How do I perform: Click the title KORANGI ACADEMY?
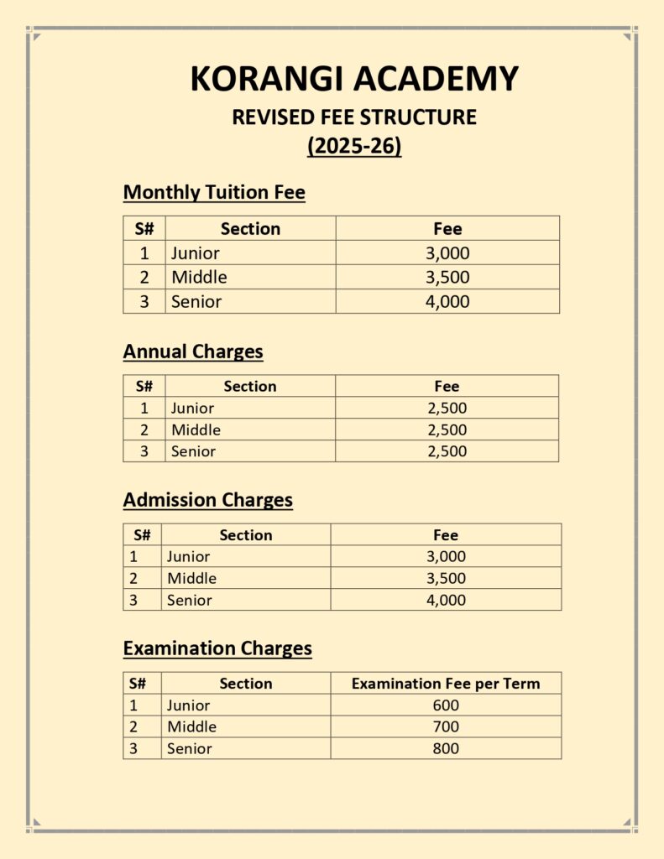(x=354, y=79)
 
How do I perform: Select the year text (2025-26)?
(x=354, y=146)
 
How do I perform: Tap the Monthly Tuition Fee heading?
(x=214, y=192)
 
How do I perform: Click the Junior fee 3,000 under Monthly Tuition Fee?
(x=447, y=253)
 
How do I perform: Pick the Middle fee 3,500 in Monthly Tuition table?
(x=447, y=278)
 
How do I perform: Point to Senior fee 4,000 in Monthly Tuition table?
(x=447, y=302)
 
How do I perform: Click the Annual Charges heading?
(x=193, y=351)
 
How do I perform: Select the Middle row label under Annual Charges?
(x=196, y=430)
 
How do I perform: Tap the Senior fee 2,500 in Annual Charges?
(x=447, y=451)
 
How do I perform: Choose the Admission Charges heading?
(x=208, y=500)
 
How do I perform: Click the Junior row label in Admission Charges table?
(x=188, y=557)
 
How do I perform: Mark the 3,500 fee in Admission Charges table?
(x=446, y=578)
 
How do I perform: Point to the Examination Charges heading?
(x=217, y=648)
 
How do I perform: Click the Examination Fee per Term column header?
(x=446, y=684)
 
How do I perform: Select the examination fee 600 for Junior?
(x=446, y=705)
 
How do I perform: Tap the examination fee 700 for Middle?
(x=446, y=727)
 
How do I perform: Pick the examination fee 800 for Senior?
(x=446, y=748)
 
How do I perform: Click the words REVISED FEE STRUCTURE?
(x=354, y=117)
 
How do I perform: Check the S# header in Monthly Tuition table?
(x=144, y=229)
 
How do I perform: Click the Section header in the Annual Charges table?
(x=250, y=387)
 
